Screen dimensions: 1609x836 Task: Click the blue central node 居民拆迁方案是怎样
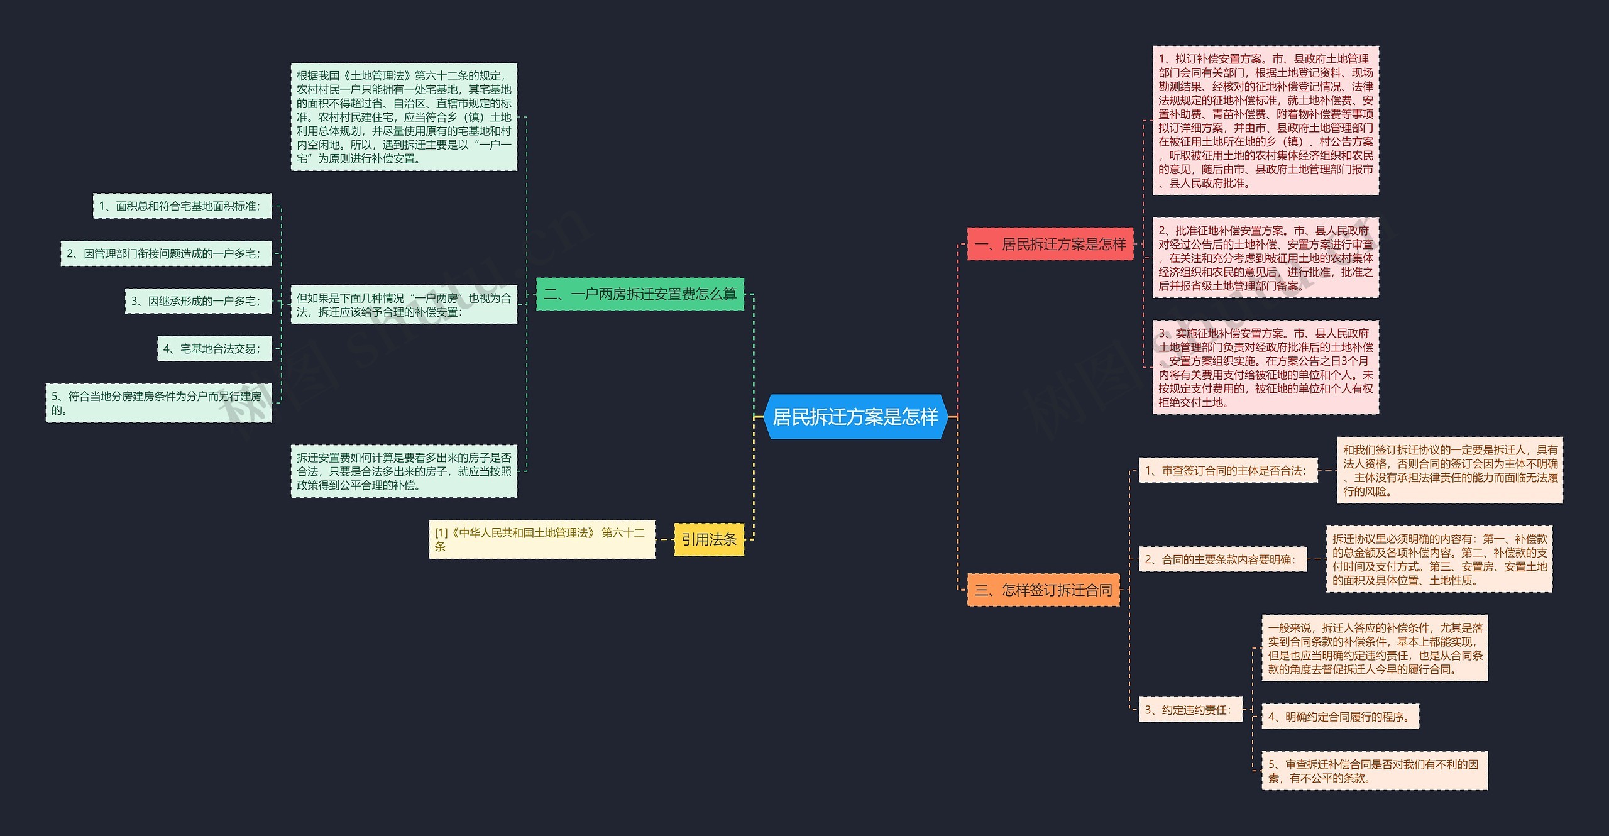[x=855, y=416]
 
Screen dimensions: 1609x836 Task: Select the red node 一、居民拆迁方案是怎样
[x=1050, y=244]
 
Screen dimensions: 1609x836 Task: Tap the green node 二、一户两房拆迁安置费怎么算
[x=640, y=294]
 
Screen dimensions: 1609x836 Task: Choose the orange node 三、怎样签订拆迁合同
[x=1043, y=590]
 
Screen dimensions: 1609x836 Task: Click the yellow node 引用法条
[x=709, y=539]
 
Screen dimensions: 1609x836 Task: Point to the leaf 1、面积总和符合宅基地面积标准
[x=182, y=206]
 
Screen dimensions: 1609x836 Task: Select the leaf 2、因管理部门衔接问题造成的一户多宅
[x=166, y=253]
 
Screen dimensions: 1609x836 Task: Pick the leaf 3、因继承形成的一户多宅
[x=198, y=301]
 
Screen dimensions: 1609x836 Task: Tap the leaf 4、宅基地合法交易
[x=214, y=348]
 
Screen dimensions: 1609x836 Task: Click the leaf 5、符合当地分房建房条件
[x=158, y=403]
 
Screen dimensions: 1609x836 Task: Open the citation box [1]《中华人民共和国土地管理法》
[x=542, y=539]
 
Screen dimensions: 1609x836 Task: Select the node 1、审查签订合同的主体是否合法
[x=1228, y=470]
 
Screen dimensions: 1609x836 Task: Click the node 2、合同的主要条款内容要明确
[x=1223, y=559]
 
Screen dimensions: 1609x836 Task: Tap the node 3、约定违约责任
[x=1190, y=710]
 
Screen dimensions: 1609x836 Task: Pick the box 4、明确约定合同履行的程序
[x=1340, y=717]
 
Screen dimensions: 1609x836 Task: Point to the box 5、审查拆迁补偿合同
[x=1375, y=771]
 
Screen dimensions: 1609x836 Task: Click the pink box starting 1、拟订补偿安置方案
[x=1266, y=121]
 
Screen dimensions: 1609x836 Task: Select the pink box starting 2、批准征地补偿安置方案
[x=1266, y=258]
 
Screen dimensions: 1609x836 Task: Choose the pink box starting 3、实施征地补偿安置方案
[x=1266, y=368]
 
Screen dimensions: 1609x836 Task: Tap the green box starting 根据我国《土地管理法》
[x=404, y=117]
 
